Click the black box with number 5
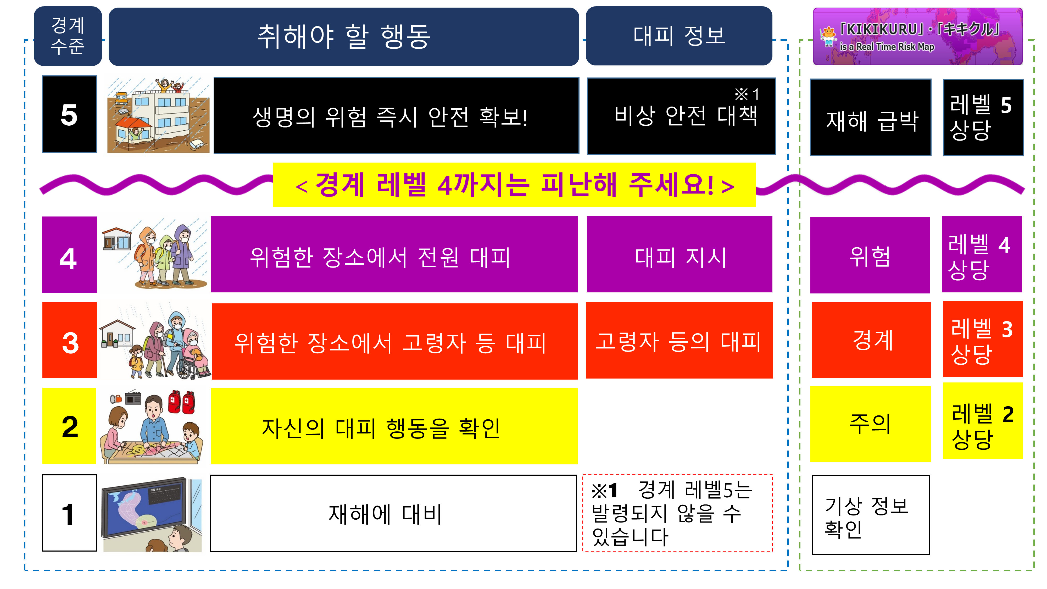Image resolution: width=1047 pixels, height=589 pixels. click(70, 114)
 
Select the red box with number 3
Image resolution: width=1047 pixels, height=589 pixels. click(70, 340)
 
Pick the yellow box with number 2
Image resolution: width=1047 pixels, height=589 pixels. click(70, 426)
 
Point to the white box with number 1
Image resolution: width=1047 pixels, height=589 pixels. click(70, 513)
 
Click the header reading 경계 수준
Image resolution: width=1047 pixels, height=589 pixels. click(68, 36)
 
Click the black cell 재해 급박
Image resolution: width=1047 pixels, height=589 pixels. click(871, 118)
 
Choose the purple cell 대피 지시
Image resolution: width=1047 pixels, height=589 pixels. click(680, 254)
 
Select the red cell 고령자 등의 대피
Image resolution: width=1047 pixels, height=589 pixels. click(680, 341)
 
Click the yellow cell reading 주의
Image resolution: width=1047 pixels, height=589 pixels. click(871, 424)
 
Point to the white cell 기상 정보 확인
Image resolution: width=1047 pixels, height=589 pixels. click(871, 515)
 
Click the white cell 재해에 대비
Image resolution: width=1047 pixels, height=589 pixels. click(393, 513)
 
